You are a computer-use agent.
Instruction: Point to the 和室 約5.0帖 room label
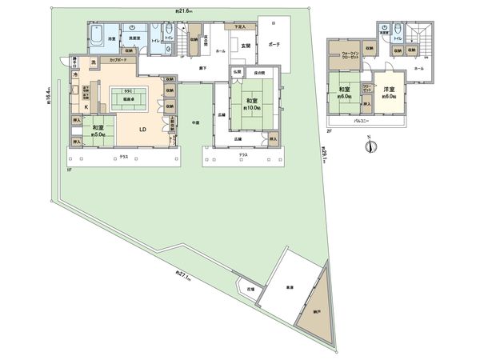(x=97, y=130)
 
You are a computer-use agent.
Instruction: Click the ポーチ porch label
(x=274, y=44)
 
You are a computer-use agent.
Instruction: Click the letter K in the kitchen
(x=86, y=106)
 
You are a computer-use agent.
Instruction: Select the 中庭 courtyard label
(x=194, y=122)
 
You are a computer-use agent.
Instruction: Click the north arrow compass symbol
(x=370, y=146)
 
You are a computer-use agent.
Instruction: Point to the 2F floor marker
(x=330, y=129)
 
